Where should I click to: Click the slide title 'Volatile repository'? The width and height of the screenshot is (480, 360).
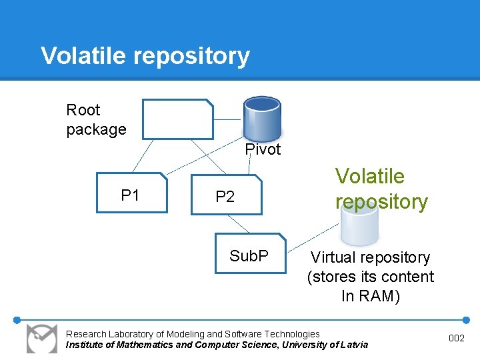pos(145,55)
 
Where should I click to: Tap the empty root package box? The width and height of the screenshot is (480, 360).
pos(177,119)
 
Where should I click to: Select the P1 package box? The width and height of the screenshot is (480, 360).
pos(131,193)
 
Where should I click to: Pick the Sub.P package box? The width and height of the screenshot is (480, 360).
pos(249,253)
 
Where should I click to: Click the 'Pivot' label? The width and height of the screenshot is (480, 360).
pos(263,149)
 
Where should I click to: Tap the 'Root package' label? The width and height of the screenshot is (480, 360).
pos(95,119)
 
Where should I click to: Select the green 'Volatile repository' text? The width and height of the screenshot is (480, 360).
pos(381,188)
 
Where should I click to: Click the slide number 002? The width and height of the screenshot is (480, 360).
pos(456,339)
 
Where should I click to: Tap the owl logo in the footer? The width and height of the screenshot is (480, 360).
pos(42,338)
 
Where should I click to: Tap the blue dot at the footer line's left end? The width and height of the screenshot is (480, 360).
pos(17,319)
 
